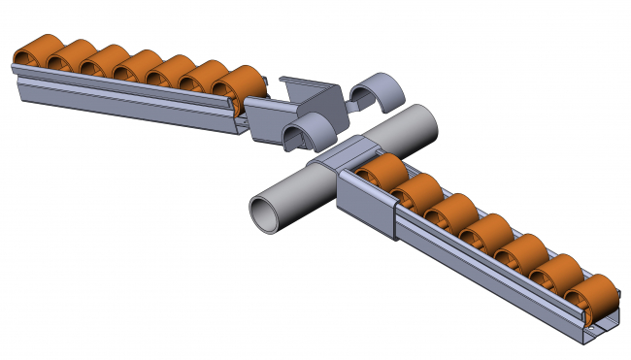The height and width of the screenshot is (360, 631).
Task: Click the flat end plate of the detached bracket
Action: click(x=262, y=120)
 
